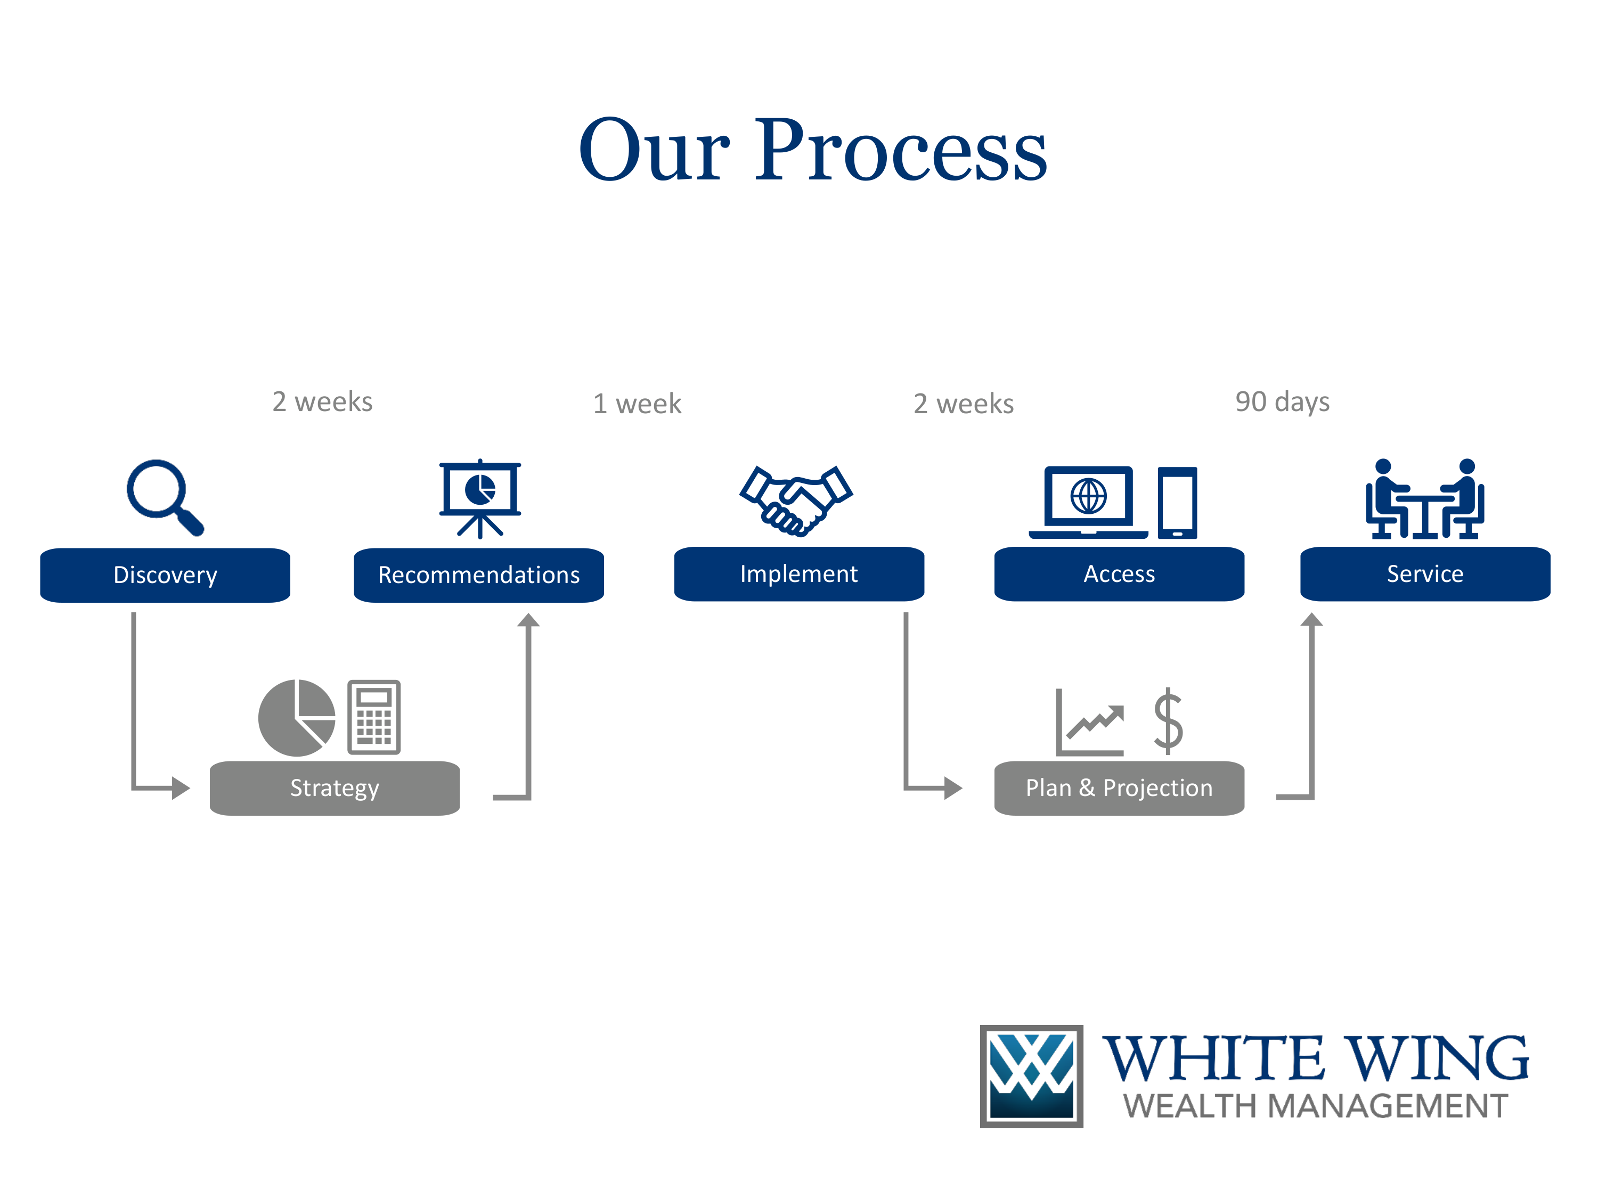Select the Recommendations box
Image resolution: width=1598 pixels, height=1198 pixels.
[478, 575]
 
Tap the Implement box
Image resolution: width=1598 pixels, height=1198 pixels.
[798, 573]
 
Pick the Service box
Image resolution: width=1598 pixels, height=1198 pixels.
[1425, 573]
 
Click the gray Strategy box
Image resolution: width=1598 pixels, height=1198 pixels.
[335, 788]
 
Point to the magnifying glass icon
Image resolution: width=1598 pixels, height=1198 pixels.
[165, 497]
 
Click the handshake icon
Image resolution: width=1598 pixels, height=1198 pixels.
[795, 500]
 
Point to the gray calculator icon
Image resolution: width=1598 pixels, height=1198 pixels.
[373, 717]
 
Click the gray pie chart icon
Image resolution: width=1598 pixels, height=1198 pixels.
[297, 718]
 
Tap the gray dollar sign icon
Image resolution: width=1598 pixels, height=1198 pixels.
[1168, 721]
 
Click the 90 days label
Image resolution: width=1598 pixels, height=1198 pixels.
[1282, 401]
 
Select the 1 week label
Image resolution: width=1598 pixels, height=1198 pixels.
[637, 404]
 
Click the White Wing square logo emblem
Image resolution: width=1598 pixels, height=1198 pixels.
[1031, 1076]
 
